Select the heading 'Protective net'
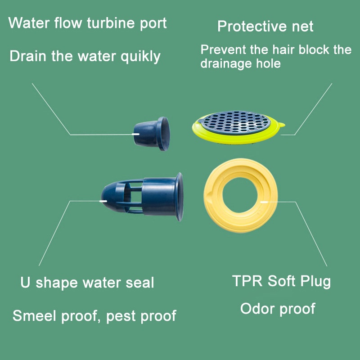coord(265,26)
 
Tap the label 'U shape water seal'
coord(87,283)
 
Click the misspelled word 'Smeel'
coord(33,315)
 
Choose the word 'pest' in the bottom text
coord(121,316)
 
